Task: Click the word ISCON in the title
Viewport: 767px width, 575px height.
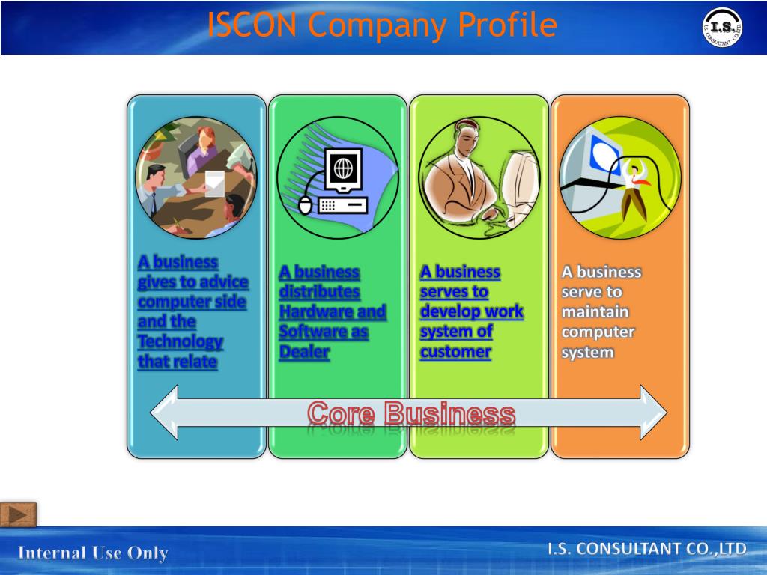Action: point(253,25)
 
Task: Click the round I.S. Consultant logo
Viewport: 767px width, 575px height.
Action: point(722,28)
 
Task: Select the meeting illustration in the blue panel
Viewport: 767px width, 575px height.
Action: point(196,177)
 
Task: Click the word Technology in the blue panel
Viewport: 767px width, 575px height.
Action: point(180,341)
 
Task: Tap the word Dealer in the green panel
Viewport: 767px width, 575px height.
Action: point(304,352)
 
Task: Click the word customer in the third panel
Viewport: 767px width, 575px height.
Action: point(455,352)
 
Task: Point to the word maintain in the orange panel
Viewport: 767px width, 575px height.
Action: point(595,311)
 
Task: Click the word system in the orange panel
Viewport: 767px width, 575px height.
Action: point(587,352)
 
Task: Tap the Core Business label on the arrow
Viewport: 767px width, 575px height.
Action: point(411,413)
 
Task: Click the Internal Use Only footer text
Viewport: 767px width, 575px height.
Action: point(93,553)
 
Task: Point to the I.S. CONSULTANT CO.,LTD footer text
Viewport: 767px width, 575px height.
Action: point(647,550)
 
